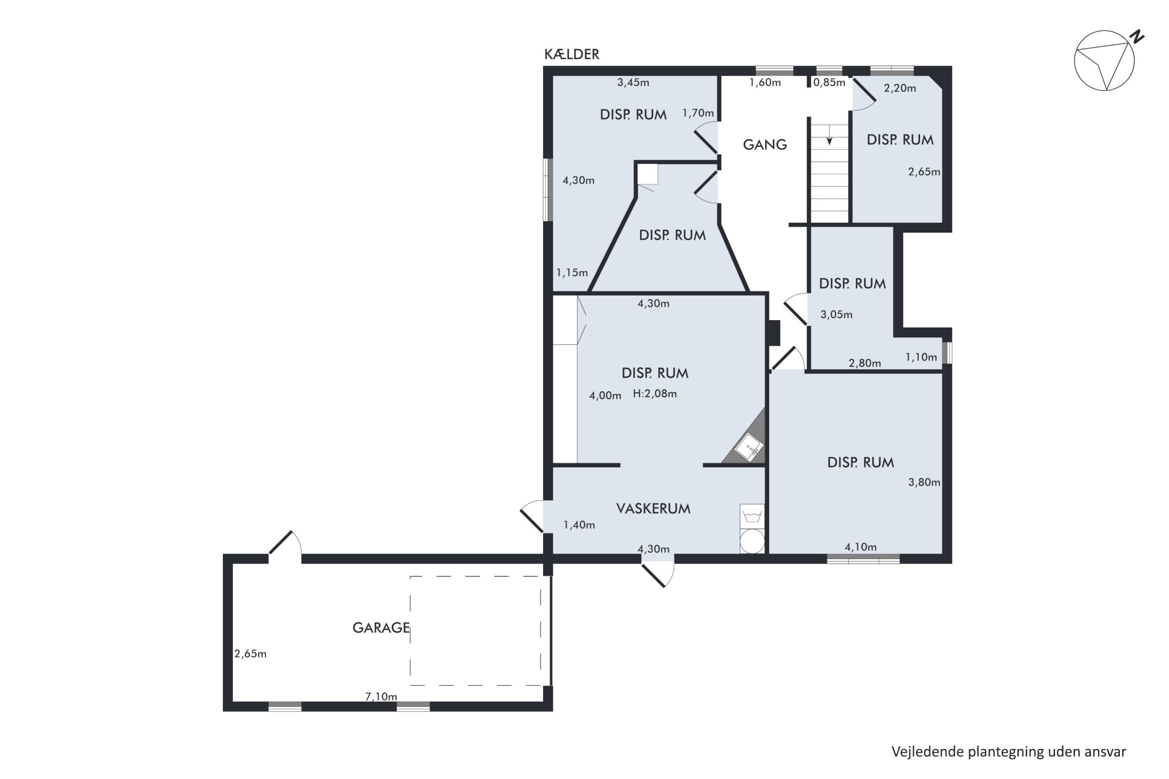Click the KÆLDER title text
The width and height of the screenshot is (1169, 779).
tap(572, 54)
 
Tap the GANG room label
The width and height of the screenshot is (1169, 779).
tap(765, 145)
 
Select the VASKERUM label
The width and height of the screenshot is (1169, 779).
tap(653, 508)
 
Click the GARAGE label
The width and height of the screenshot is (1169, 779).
tap(381, 627)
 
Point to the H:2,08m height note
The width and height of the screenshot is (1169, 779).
tap(655, 393)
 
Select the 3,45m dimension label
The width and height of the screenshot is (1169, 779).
tap(633, 83)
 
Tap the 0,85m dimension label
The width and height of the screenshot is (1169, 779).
tap(829, 83)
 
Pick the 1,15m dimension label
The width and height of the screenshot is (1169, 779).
tap(572, 272)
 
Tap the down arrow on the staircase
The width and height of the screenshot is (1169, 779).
tap(829, 136)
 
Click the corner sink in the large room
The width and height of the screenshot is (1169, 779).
tap(749, 447)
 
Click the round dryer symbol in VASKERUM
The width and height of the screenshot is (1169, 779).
tap(752, 541)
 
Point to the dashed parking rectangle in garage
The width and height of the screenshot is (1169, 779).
tap(475, 631)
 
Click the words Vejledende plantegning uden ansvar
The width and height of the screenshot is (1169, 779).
tap(1008, 752)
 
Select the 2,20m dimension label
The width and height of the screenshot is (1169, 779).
tap(900, 88)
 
